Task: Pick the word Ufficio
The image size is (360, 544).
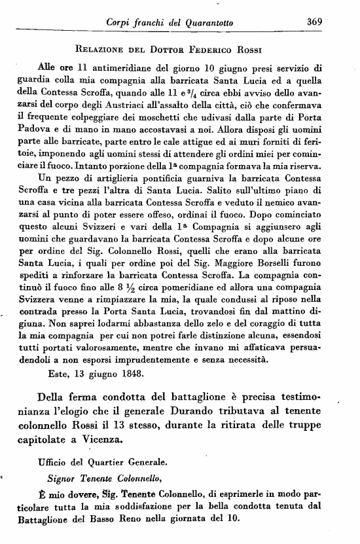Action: pyautogui.click(x=55, y=480)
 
